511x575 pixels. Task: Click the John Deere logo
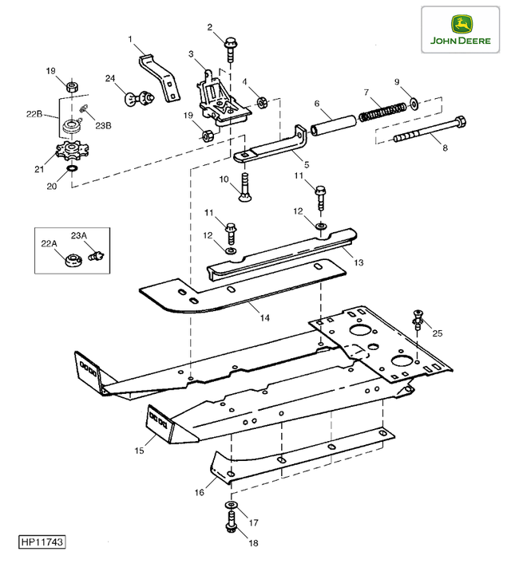(x=461, y=29)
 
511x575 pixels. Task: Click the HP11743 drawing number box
(x=42, y=542)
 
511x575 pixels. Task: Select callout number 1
(x=130, y=38)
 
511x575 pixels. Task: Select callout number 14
(x=264, y=317)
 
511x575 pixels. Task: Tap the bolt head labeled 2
(x=232, y=43)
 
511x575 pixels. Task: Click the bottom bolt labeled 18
(x=232, y=526)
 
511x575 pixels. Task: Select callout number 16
(x=200, y=492)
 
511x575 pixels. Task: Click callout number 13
(x=357, y=262)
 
